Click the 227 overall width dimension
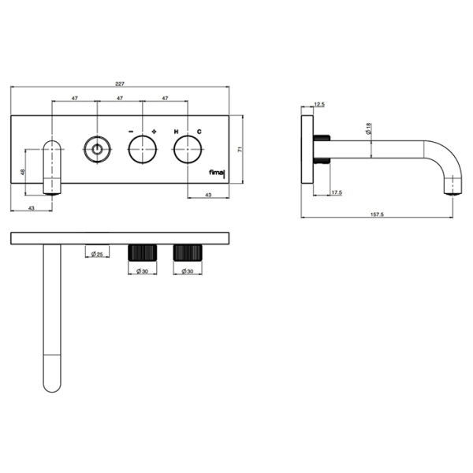[120, 84]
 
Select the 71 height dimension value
[240, 149]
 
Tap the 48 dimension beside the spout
[22, 172]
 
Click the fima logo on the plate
[218, 173]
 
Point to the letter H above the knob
[176, 132]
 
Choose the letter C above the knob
[199, 132]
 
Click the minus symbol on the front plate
[131, 132]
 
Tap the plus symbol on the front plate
[155, 132]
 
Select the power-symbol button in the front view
[97, 149]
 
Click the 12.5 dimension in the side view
[319, 105]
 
